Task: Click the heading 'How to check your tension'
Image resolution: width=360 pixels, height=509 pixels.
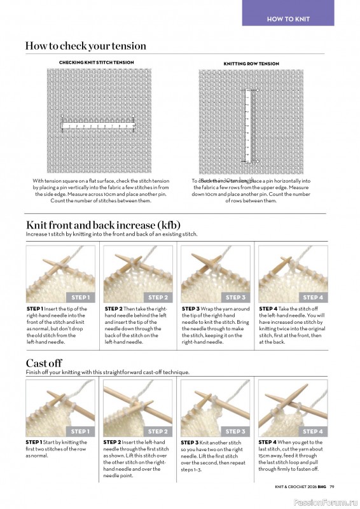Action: tap(85, 46)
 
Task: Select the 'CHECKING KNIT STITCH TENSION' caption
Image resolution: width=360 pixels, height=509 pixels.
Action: tap(96, 63)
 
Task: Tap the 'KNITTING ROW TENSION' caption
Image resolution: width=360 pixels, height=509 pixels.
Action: tap(251, 64)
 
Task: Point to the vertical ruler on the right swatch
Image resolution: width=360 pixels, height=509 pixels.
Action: tap(248, 123)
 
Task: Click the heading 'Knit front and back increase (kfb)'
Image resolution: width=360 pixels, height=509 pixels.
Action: tap(103, 225)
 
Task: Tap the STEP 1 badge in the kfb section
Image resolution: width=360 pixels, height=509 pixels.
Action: tap(80, 297)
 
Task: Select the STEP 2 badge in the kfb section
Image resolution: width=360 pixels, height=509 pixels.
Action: tap(157, 297)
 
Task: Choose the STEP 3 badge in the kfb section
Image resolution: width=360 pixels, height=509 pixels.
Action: tap(235, 297)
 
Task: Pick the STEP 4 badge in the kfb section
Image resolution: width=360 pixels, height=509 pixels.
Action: tap(312, 297)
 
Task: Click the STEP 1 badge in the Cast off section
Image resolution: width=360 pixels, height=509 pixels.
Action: tap(80, 431)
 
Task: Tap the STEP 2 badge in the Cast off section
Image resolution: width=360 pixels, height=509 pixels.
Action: tap(157, 431)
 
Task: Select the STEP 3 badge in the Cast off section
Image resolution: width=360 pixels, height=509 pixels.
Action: tap(235, 431)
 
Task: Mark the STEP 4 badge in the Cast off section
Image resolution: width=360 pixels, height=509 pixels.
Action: tap(312, 431)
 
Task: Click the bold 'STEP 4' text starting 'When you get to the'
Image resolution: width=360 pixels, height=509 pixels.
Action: tap(268, 442)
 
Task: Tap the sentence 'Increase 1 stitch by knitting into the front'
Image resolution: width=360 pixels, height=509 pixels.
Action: tap(111, 234)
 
